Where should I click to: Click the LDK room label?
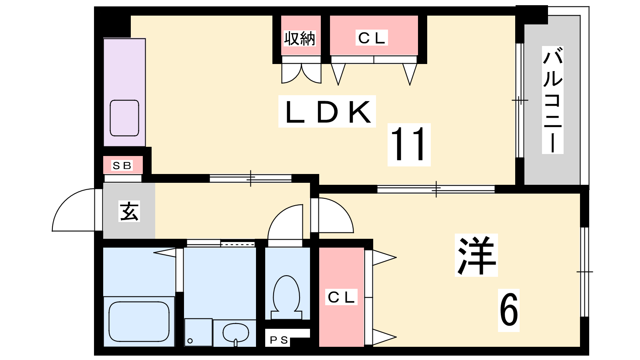click(x=327, y=112)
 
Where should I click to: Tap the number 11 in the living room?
click(x=409, y=144)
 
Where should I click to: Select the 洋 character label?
click(x=476, y=255)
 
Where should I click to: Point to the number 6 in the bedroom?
click(x=508, y=310)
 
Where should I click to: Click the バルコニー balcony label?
click(x=553, y=100)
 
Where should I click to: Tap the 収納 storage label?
click(x=300, y=38)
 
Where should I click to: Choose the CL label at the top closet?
click(x=372, y=38)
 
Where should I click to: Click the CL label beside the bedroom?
click(x=341, y=297)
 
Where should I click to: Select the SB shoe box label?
click(x=122, y=165)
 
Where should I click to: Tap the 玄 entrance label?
click(x=129, y=211)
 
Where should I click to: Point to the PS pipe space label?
click(x=279, y=340)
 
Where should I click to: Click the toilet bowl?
click(x=286, y=294)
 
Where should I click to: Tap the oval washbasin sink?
click(x=236, y=332)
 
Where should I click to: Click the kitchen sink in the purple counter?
click(x=124, y=118)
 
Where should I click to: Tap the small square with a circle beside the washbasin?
click(x=198, y=332)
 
